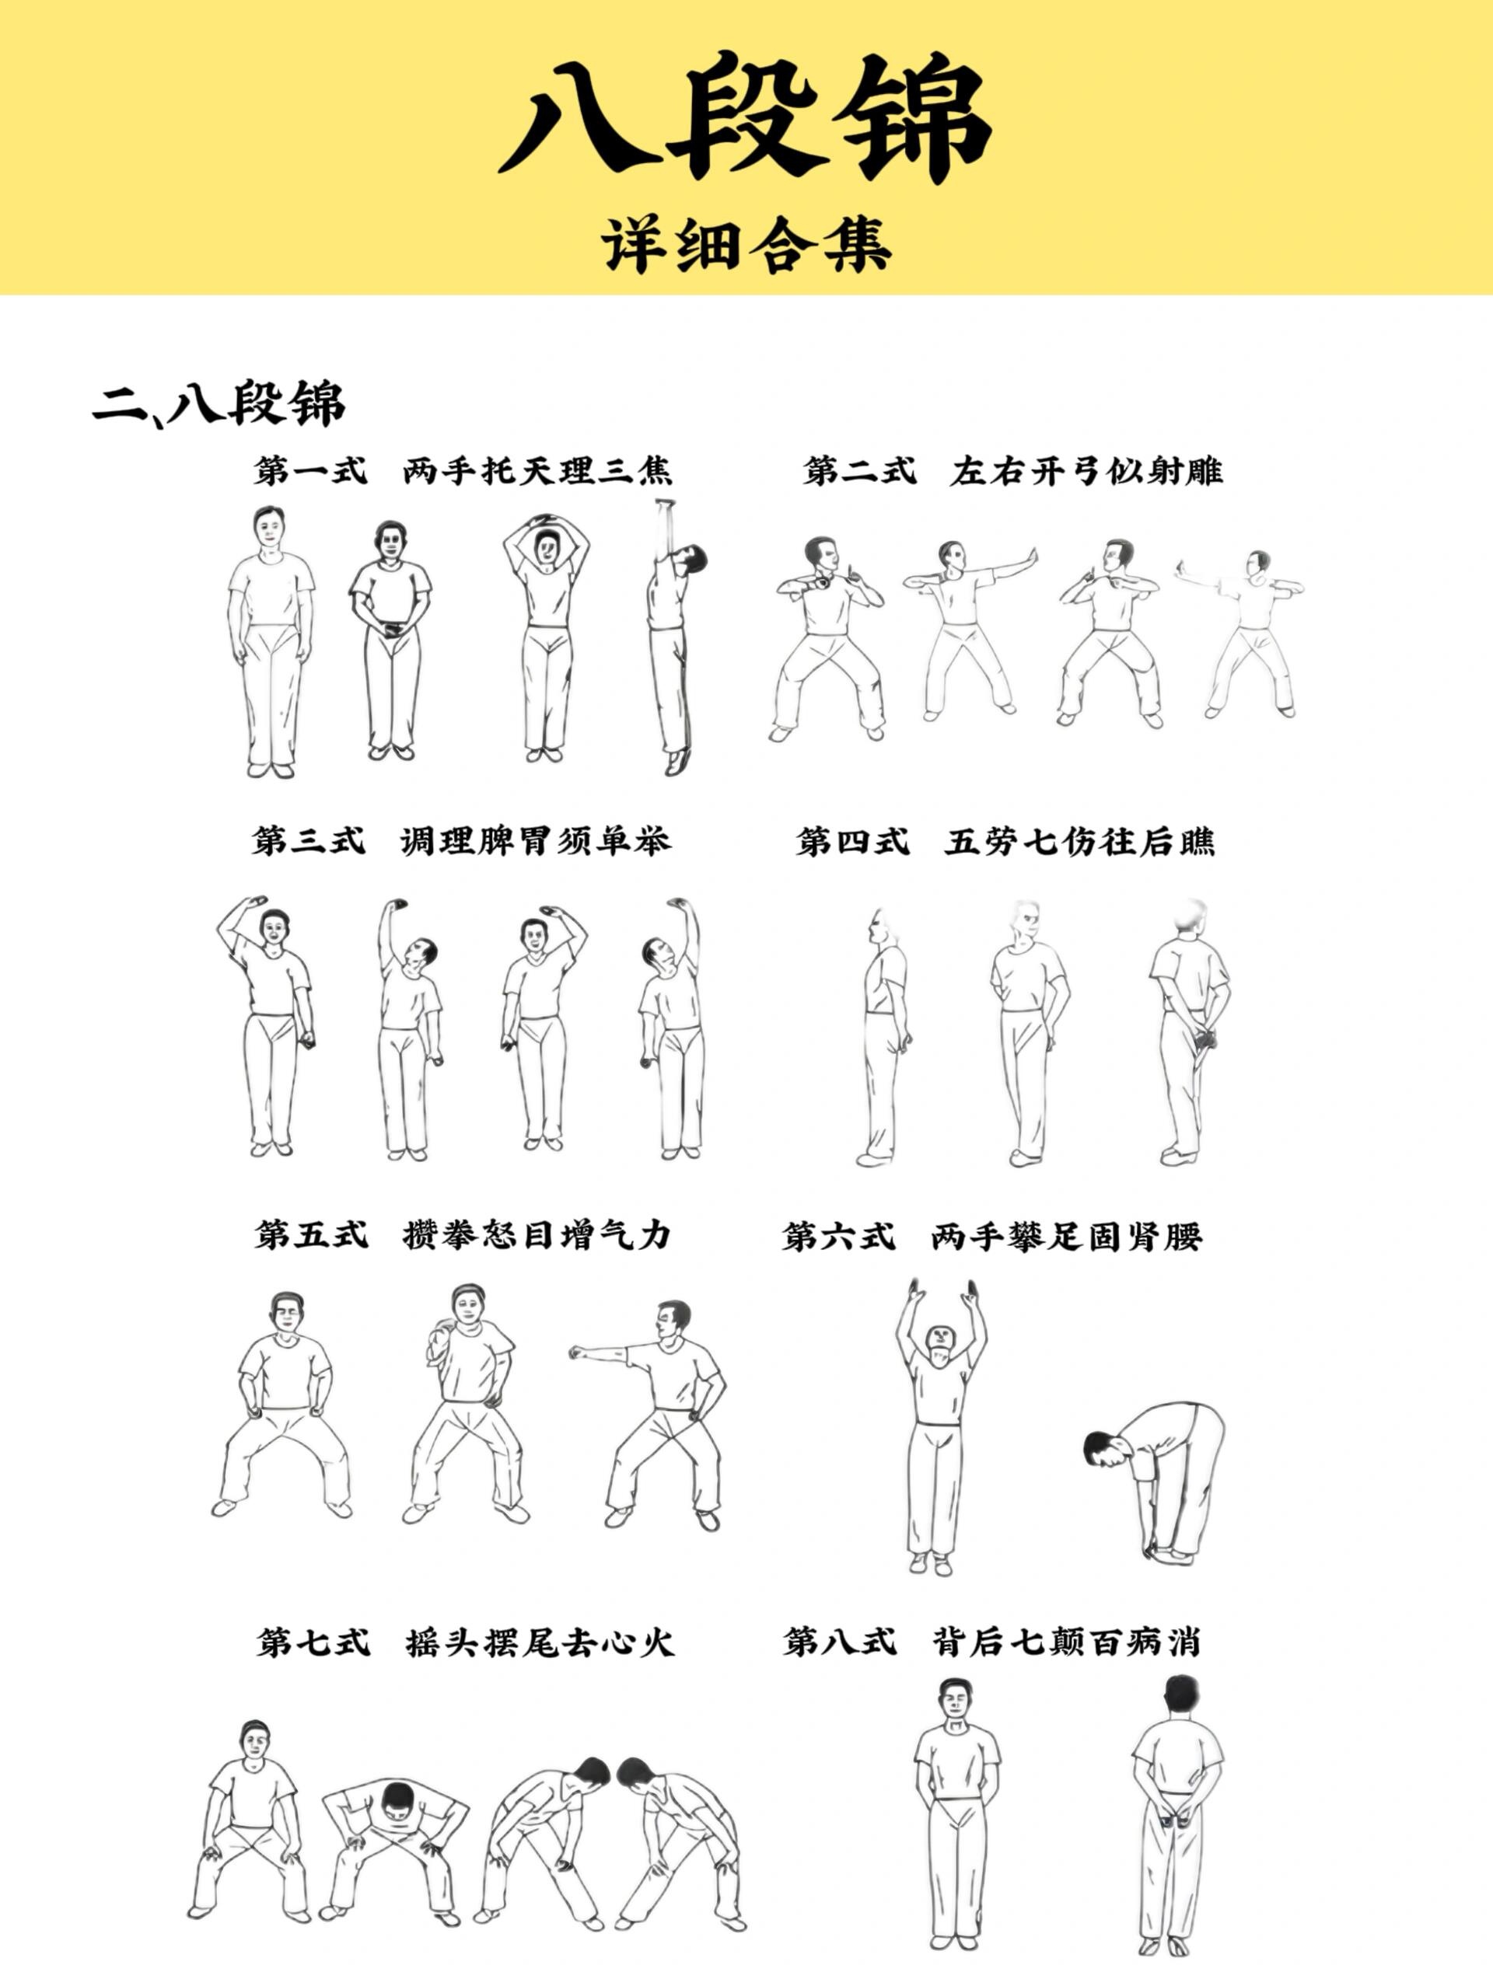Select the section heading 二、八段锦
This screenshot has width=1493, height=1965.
[x=219, y=404]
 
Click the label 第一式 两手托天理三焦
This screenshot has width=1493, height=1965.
[x=462, y=470]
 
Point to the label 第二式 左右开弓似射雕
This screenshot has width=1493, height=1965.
[x=1013, y=470]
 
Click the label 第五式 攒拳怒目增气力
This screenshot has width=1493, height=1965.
[x=462, y=1235]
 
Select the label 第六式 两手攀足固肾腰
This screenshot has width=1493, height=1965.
[x=991, y=1236]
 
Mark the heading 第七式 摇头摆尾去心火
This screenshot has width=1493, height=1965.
[x=466, y=1642]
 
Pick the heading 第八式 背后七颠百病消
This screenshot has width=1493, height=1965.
[x=991, y=1642]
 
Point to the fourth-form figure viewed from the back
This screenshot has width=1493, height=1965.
[x=1188, y=1031]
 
